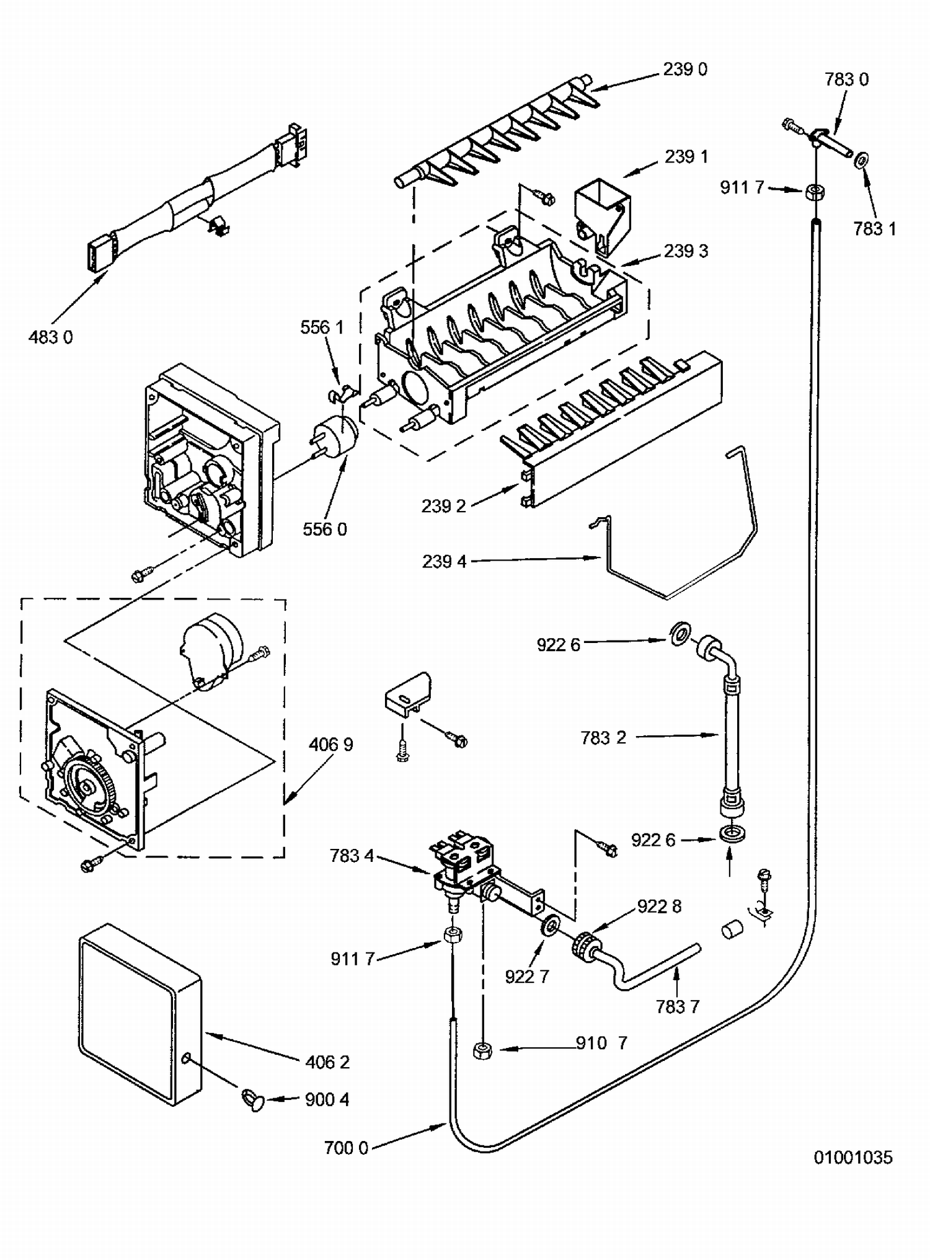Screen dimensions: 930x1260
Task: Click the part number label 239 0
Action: [685, 69]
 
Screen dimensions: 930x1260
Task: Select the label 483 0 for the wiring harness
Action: [51, 337]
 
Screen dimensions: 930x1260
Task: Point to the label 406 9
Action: [331, 744]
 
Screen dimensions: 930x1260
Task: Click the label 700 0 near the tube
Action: [346, 1148]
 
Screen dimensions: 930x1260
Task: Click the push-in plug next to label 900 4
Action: [252, 1102]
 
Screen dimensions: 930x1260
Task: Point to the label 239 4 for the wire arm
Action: [445, 562]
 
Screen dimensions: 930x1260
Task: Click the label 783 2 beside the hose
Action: [603, 738]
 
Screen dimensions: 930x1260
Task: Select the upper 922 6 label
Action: [558, 646]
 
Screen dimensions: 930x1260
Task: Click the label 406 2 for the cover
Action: [327, 1062]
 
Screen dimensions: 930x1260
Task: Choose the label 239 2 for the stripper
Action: [444, 507]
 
